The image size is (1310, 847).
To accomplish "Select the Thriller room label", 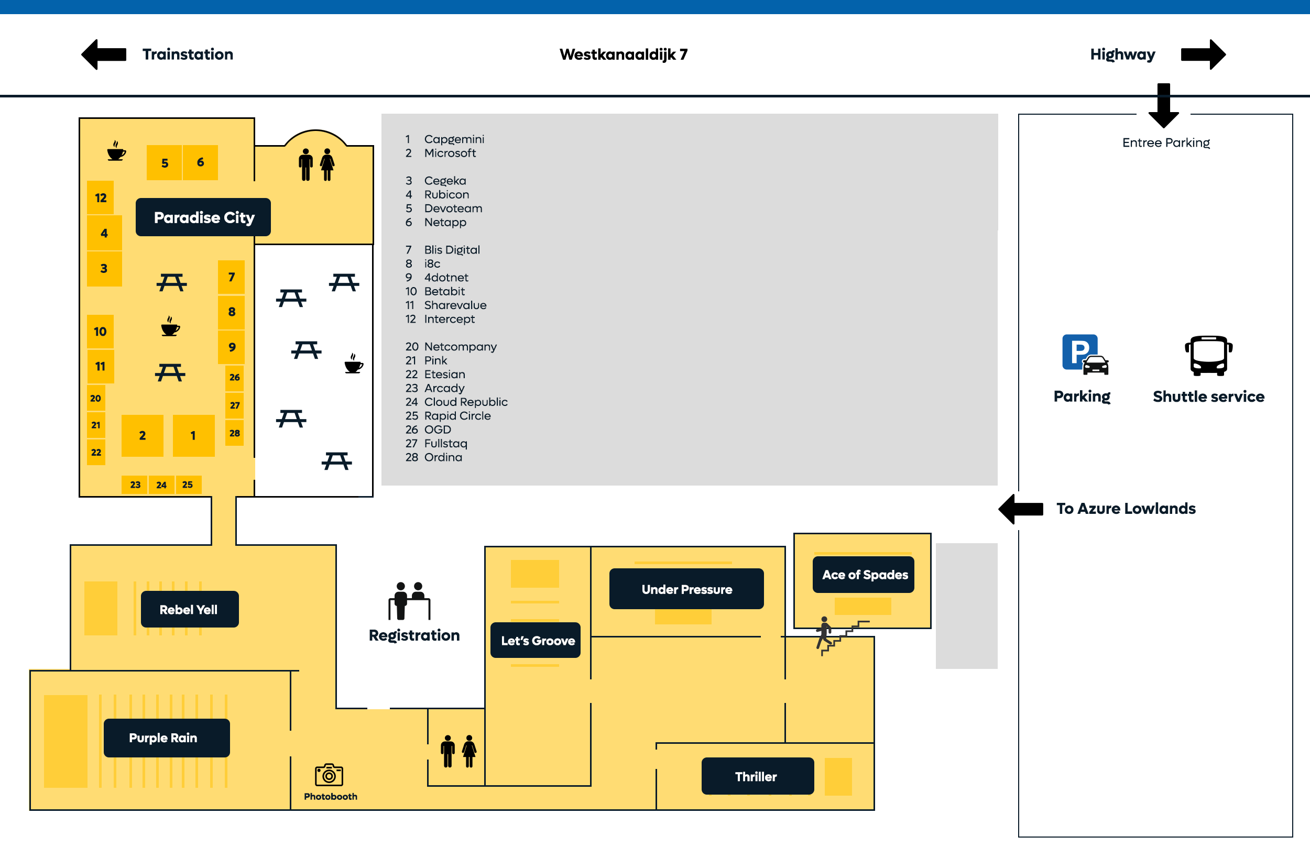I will [x=757, y=776].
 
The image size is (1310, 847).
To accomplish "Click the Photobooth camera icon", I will [x=329, y=775].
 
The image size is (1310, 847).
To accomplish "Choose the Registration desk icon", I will [x=409, y=601].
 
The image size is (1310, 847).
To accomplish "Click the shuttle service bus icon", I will [x=1208, y=356].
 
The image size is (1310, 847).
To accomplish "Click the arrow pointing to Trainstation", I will [x=104, y=54].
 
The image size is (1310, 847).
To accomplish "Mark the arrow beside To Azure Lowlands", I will [x=1021, y=509].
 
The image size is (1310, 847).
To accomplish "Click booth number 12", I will [x=101, y=198].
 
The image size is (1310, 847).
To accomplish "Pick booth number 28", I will [x=235, y=433].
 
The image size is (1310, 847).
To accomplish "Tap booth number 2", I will [x=142, y=436].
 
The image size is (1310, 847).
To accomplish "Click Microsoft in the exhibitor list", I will [x=450, y=153].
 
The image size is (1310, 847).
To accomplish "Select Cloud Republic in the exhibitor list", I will [x=465, y=402].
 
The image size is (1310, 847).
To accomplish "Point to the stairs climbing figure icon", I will [x=825, y=634].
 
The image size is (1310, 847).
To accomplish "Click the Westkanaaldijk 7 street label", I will [x=624, y=54].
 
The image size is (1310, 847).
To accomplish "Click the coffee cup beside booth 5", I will [x=116, y=151].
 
